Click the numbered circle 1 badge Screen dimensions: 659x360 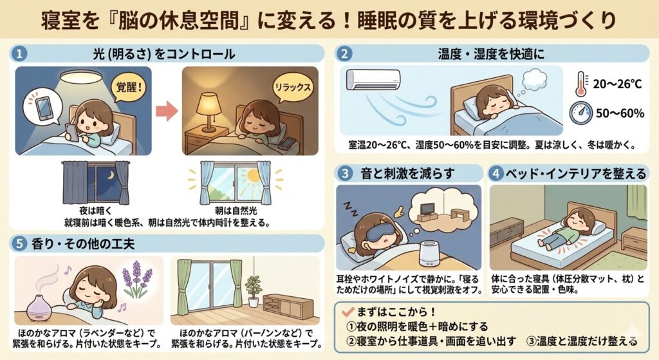tap(19, 54)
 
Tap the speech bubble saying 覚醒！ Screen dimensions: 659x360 tap(128, 88)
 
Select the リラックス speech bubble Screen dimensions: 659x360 tap(293, 88)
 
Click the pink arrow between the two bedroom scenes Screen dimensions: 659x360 tap(167, 111)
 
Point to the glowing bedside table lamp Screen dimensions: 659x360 tap(209, 110)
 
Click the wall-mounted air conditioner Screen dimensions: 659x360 tap(373, 79)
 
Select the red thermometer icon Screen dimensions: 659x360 tap(581, 84)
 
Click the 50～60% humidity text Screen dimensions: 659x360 tap(620, 113)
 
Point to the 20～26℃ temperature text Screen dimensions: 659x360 tap(617, 84)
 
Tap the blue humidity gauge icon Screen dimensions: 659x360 tap(581, 113)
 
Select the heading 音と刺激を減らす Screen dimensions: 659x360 tap(407, 174)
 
